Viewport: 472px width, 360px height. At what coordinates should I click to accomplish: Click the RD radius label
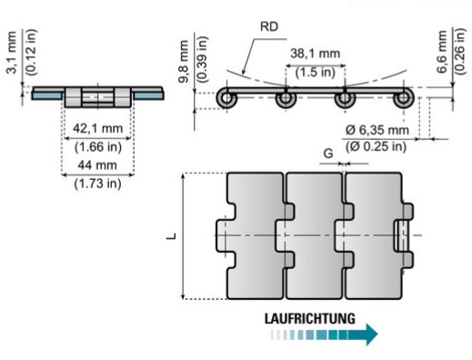pos(269,26)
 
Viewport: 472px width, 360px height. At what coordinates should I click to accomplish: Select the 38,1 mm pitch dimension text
pos(316,54)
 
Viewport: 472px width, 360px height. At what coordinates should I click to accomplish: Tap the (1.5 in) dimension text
pos(316,73)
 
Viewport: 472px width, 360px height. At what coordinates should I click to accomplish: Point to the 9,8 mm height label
pos(184,62)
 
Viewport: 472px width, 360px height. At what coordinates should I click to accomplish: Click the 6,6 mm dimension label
pos(442,52)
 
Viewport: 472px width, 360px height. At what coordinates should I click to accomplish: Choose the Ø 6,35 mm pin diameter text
pos(377,130)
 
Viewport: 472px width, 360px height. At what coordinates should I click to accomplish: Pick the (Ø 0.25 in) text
pos(376,146)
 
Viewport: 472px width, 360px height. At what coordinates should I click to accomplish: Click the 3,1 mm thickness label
pos(11,53)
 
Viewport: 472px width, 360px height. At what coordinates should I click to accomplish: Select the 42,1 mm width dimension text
pos(97,128)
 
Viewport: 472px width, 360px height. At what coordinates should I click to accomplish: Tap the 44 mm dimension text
pos(97,165)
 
